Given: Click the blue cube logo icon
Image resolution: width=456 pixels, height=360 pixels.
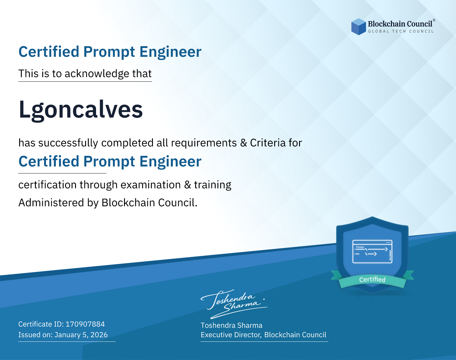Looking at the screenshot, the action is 358,27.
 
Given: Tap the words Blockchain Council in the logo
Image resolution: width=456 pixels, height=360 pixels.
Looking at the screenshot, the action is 400,24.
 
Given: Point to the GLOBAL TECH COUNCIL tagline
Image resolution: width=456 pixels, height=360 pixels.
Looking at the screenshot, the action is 401,31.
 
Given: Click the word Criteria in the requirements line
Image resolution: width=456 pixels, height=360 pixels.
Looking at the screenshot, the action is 268,143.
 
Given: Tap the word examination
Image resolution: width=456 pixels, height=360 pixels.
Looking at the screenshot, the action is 151,185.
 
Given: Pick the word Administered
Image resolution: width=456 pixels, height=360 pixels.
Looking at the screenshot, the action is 51,202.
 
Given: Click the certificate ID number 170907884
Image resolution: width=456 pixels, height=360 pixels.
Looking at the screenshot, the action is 85,324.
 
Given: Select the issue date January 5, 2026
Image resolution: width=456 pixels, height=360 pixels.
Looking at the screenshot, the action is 81,335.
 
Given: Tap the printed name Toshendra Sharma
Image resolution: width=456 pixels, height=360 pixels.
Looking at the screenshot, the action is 231,325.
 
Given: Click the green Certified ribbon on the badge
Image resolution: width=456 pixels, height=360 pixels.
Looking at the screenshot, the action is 372,279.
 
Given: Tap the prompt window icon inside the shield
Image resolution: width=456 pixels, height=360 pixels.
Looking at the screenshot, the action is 372,252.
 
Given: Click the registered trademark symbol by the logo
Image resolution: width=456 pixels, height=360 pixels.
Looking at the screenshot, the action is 434,20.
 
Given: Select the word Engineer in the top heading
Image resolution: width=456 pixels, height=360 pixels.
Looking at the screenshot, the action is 170,52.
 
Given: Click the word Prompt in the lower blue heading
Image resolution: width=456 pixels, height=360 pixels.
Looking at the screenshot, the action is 109,161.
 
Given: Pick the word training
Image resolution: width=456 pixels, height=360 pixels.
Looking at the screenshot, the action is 212,185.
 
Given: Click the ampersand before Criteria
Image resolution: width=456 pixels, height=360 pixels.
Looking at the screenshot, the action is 244,143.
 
